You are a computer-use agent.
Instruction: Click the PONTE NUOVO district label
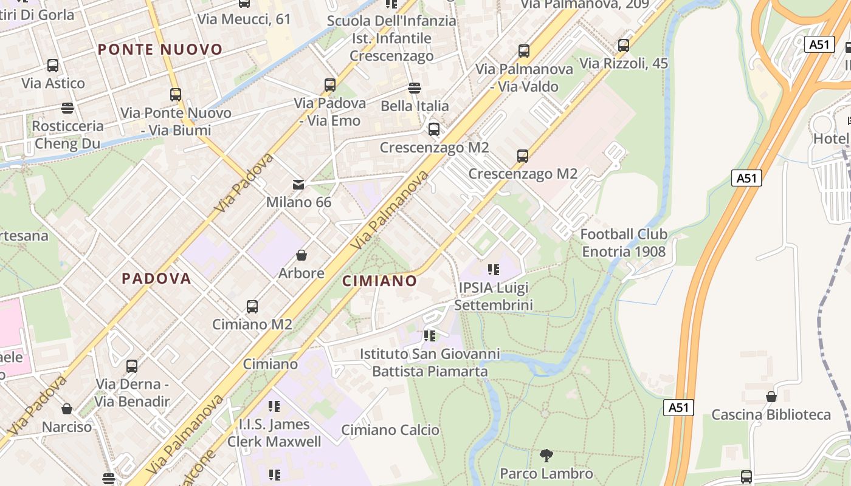click(160, 49)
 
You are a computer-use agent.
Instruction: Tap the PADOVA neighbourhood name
click(157, 278)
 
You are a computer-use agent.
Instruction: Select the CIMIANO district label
click(380, 281)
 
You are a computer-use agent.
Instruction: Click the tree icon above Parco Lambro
click(546, 455)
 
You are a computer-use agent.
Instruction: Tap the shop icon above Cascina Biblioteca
click(771, 397)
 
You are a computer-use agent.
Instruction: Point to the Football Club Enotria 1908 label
click(624, 242)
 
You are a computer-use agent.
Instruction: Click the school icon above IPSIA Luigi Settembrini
click(493, 269)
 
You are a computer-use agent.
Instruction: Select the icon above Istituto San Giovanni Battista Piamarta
click(430, 335)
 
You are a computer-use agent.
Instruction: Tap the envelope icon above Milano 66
click(298, 184)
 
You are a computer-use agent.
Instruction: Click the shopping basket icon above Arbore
click(301, 255)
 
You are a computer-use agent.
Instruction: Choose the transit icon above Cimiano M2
click(252, 306)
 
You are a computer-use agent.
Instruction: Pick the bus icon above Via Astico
click(53, 65)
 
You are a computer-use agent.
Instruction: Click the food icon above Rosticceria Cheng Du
click(67, 108)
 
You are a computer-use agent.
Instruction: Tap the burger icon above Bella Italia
click(415, 88)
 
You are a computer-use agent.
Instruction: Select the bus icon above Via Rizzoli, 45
click(623, 45)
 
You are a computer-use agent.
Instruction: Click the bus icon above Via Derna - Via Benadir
click(132, 366)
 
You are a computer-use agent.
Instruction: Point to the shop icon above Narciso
click(67, 409)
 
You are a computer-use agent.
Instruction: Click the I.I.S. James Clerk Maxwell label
click(274, 433)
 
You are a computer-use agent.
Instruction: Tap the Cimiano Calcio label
click(390, 430)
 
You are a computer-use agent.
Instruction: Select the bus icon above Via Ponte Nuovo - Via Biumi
click(176, 94)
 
